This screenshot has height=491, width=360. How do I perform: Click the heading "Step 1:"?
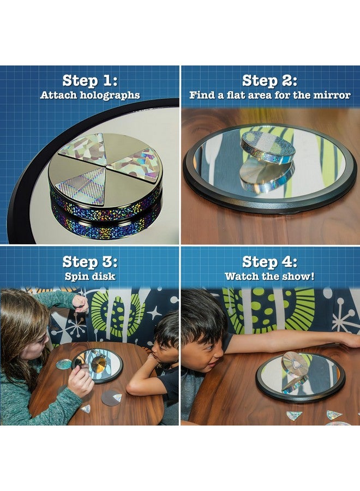point(90,81)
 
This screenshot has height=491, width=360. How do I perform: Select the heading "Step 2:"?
point(269,81)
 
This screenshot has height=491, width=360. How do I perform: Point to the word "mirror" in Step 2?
point(332,95)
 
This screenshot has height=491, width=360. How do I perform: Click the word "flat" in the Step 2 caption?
point(236,95)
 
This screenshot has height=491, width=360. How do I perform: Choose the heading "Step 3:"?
point(90,262)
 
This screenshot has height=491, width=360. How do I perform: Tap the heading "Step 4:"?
point(269,262)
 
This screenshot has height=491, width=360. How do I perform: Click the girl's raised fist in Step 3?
point(80,304)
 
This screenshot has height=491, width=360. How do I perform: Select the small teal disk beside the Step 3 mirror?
point(64,364)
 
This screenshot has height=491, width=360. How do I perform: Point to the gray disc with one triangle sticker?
point(111,398)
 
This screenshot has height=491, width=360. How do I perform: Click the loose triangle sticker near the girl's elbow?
point(86,409)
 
